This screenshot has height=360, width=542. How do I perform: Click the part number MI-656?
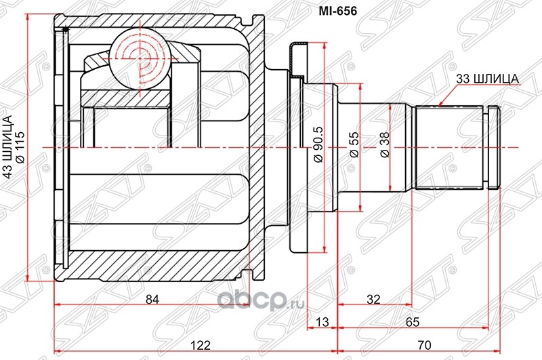[x=337, y=11]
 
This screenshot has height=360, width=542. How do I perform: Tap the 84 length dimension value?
[x=152, y=299]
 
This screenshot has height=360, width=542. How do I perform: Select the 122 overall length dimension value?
[x=201, y=345]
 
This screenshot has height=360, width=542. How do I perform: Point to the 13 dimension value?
[x=322, y=322]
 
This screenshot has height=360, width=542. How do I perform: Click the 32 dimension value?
[x=373, y=299]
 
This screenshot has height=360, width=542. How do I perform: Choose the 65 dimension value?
[x=412, y=322]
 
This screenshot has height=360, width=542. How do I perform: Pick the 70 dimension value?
[x=425, y=345]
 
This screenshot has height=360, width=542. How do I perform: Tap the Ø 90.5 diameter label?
[x=318, y=144]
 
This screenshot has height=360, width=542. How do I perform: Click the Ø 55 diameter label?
[x=354, y=145]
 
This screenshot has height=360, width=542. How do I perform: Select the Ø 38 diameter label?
[x=384, y=145]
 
